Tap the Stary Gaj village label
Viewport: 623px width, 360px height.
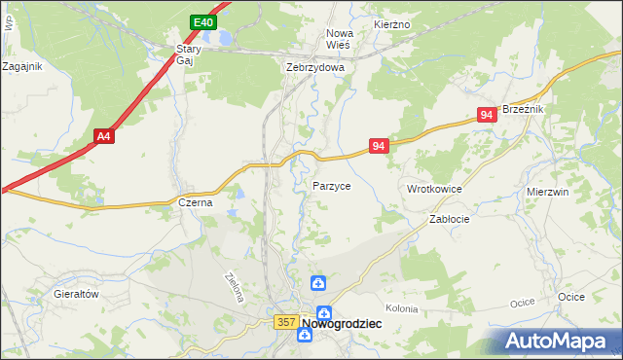(187, 54)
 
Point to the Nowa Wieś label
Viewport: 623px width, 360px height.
(338, 39)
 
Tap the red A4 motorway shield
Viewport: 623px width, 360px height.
(104, 137)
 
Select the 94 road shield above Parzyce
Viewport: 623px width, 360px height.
(380, 146)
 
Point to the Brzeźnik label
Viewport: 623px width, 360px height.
(522, 110)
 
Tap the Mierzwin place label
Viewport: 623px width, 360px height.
(547, 193)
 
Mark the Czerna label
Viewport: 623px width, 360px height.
(196, 202)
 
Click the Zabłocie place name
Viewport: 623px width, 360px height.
(450, 220)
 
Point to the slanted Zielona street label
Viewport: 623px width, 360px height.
(232, 286)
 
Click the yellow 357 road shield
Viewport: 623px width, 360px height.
(285, 322)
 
